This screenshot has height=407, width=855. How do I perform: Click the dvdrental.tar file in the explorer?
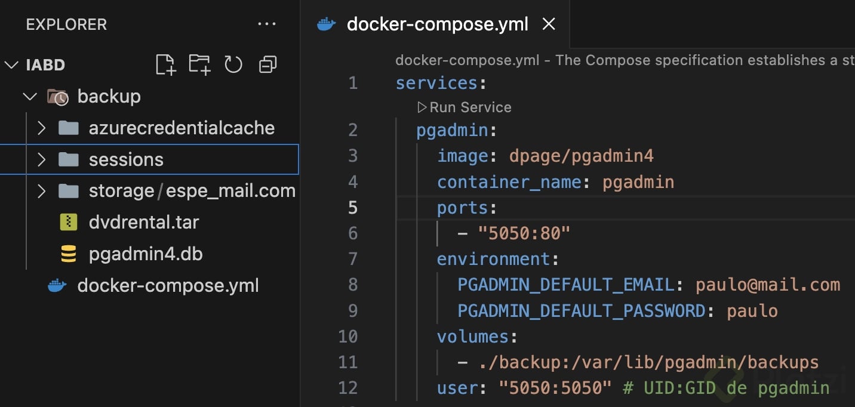tap(143, 223)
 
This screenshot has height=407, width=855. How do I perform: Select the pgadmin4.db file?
tap(145, 254)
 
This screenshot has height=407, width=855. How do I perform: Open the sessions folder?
tap(125, 160)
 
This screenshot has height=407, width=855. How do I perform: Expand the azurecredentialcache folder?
tap(41, 128)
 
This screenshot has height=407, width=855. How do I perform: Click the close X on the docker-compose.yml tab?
tap(548, 24)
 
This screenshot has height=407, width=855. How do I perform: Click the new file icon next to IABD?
tap(165, 64)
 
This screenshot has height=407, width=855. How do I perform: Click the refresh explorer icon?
tap(233, 64)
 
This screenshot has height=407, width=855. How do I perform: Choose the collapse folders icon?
tap(267, 64)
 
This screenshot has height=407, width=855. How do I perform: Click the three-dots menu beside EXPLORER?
tap(266, 24)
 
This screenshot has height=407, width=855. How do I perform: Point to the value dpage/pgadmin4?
tap(581, 156)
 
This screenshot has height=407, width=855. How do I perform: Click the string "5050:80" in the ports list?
tap(524, 233)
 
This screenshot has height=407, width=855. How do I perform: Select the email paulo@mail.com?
tap(767, 285)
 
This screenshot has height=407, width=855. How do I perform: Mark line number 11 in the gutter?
tap(348, 362)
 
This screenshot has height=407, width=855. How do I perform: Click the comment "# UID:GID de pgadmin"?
tap(725, 388)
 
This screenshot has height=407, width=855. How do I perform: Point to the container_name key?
tap(509, 182)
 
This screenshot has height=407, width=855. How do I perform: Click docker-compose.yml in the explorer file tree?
tap(168, 286)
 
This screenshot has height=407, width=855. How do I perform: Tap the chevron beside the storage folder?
tap(41, 191)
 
